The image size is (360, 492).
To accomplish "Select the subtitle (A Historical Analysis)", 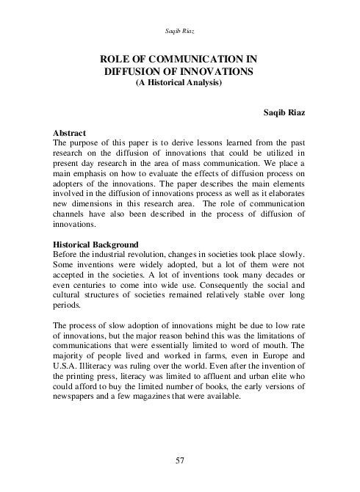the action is pos(180,83).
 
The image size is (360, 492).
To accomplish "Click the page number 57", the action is pos(180,460).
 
